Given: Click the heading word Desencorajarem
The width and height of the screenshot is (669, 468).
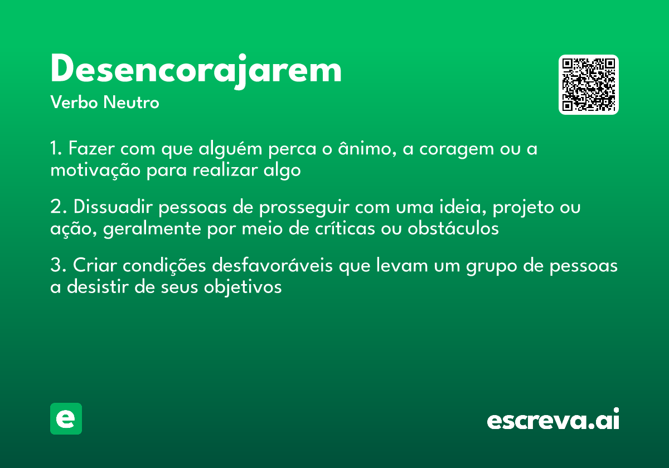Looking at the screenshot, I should tap(196, 70).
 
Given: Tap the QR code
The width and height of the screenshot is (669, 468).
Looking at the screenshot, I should tap(589, 85).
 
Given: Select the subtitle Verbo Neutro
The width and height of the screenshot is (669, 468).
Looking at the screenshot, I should tap(105, 103).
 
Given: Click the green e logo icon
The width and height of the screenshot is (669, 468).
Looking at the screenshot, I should tap(66, 418).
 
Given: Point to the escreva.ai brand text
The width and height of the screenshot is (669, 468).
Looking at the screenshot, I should tap(553, 420).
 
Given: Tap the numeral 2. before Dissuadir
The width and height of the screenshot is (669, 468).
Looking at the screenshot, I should tap(59, 208).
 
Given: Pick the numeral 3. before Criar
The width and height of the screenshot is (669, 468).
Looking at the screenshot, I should tap(59, 266).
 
